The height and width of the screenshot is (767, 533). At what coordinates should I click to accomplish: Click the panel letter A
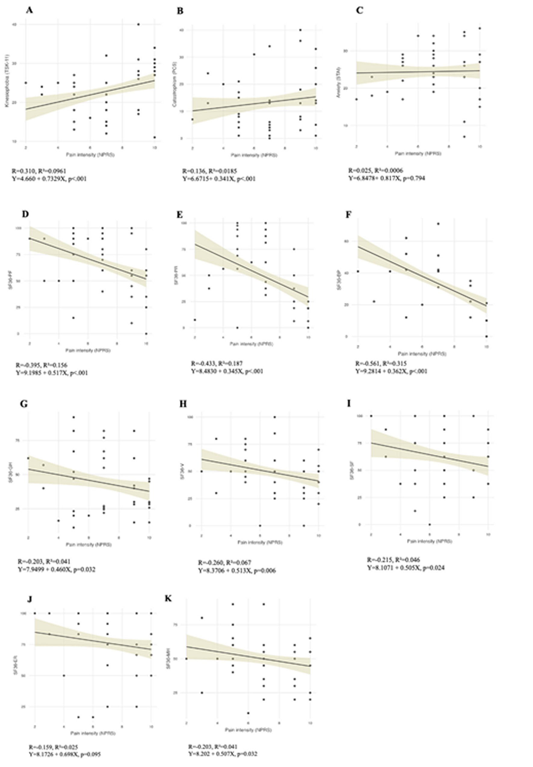29,10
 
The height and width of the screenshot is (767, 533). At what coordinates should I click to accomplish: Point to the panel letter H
183,404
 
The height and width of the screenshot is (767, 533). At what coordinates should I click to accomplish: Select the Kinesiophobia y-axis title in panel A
7,82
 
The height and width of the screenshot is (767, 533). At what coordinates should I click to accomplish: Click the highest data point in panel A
138,24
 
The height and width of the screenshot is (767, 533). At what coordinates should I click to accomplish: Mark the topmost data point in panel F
438,224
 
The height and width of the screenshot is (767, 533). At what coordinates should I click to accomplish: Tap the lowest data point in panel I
430,525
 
